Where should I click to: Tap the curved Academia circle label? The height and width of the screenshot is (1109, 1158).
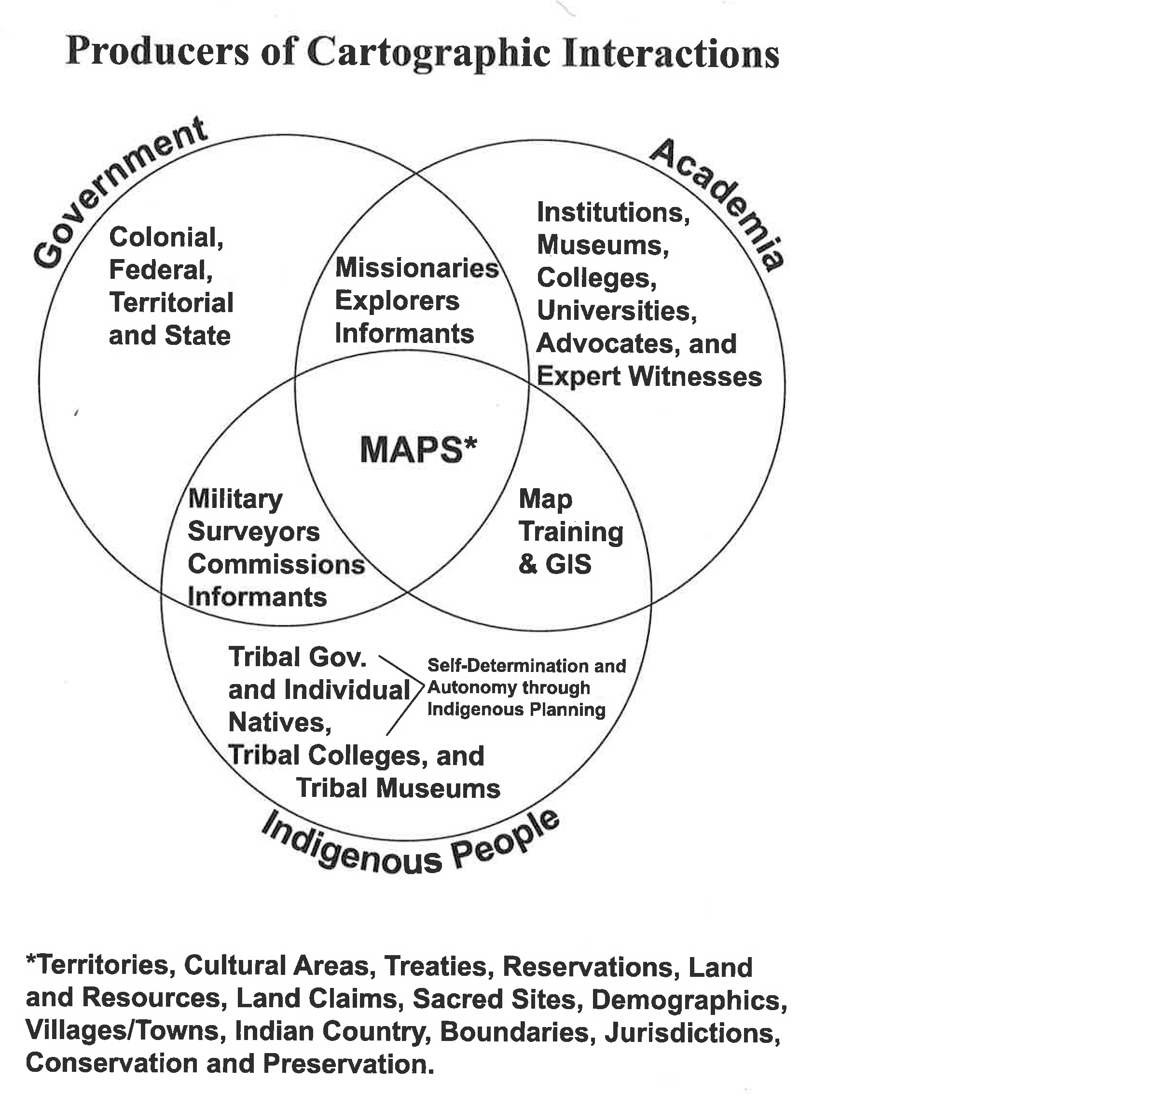pyautogui.click(x=718, y=204)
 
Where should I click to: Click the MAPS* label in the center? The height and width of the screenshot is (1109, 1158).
pyautogui.click(x=418, y=450)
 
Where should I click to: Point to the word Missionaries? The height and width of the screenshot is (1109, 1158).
pyautogui.click(x=417, y=268)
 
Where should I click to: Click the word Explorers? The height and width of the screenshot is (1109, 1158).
pyautogui.click(x=397, y=301)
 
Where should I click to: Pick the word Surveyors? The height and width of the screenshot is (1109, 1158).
pyautogui.click(x=254, y=532)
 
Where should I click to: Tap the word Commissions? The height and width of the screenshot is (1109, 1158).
pyautogui.click(x=276, y=564)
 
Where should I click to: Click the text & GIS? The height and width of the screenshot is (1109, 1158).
pyautogui.click(x=555, y=564)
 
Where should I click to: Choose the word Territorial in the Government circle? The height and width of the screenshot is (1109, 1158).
pyautogui.click(x=171, y=303)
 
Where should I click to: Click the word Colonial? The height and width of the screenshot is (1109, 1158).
pyautogui.click(x=166, y=238)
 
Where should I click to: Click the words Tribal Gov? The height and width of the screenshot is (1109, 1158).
pyautogui.click(x=297, y=657)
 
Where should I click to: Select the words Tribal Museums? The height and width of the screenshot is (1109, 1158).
pyautogui.click(x=398, y=788)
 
